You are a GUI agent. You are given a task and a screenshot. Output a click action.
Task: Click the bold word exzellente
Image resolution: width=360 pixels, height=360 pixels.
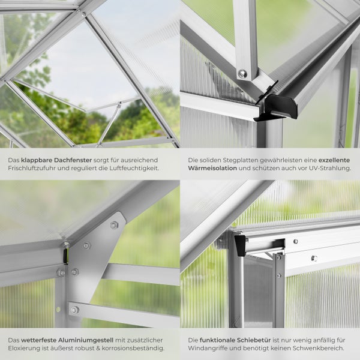click(335, 161)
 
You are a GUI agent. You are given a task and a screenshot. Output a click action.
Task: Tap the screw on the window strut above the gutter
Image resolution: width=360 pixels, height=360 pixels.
click(242, 73)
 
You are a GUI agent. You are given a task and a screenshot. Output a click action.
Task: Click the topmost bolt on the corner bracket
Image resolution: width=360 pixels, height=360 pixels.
click(113, 226)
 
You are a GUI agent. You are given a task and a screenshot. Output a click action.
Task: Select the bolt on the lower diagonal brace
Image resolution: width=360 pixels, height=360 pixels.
click(74, 310)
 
